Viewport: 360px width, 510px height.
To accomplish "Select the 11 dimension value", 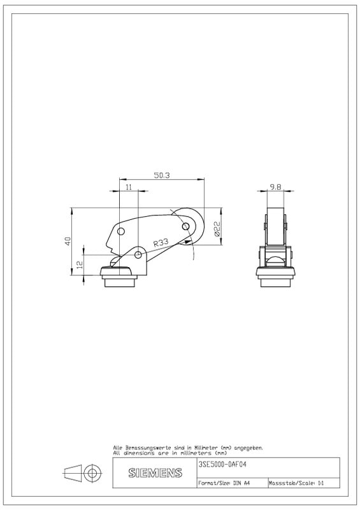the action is [x=129, y=187].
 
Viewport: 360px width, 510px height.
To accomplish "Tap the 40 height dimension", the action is [x=68, y=241].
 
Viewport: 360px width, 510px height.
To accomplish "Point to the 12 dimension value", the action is [x=80, y=264].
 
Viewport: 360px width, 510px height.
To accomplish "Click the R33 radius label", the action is [x=161, y=242].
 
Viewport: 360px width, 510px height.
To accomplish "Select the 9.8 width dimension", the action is [x=275, y=187].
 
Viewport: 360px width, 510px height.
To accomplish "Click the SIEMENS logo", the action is [x=155, y=472].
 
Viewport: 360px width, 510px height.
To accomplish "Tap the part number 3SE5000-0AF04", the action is [x=222, y=464].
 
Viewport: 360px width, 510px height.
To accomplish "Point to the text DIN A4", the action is [x=241, y=483].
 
